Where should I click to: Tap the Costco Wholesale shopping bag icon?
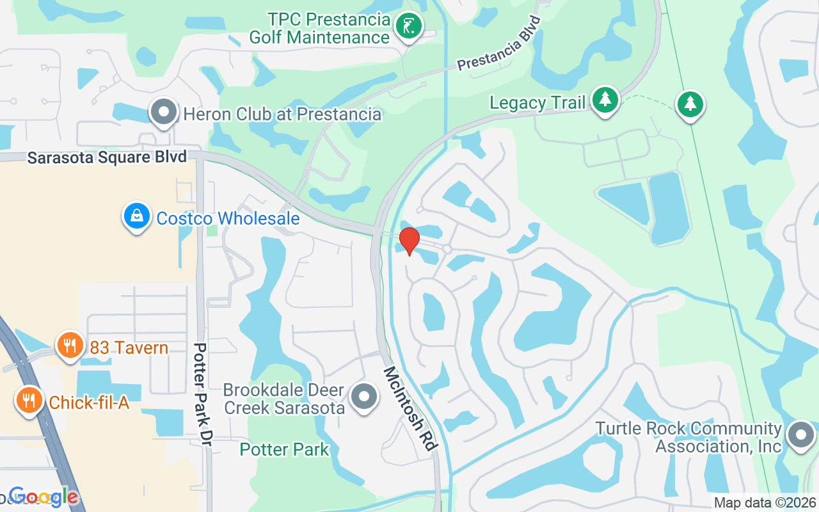pos(137,216)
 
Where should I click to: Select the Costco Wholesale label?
pos(228,219)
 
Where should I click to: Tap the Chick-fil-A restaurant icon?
pos(28,401)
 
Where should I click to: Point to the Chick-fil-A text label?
pos(89,403)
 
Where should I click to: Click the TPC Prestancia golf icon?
pos(408,27)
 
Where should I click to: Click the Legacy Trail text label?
pos(537,102)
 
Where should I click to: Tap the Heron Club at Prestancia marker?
pos(164,113)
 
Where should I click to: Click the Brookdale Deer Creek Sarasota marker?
pos(365,397)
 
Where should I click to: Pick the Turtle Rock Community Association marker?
pos(800,435)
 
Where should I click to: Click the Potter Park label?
pos(284,449)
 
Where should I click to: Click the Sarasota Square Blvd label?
pos(107,157)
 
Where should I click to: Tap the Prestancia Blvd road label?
pos(499,44)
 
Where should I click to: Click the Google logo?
pos(44,496)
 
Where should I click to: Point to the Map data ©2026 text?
pos(765,503)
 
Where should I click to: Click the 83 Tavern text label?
pos(129,348)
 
